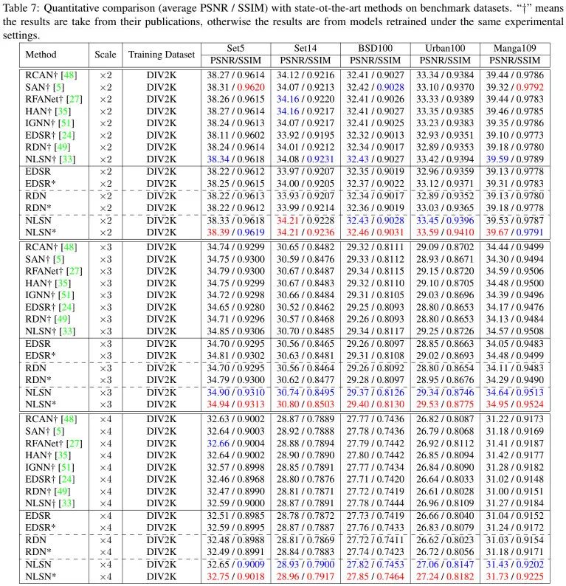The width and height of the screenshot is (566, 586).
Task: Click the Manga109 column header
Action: (x=514, y=48)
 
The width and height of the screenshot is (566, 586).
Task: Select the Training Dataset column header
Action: (x=162, y=55)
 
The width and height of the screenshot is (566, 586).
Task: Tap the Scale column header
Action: (x=106, y=55)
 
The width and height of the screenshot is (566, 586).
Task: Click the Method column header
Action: (x=41, y=55)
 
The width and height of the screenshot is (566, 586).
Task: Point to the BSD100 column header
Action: (x=375, y=48)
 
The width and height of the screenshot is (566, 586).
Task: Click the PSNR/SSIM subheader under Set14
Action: (x=306, y=61)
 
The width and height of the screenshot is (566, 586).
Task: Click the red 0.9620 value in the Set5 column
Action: (x=251, y=87)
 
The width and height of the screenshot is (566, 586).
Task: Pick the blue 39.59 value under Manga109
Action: (x=497, y=159)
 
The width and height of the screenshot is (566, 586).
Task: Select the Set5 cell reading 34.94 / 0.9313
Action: (x=235, y=404)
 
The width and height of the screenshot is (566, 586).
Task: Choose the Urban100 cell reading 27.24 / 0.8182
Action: (x=445, y=576)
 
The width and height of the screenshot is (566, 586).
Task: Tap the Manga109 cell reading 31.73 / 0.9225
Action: (x=515, y=576)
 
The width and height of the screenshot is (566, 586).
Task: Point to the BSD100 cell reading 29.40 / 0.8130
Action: (x=375, y=404)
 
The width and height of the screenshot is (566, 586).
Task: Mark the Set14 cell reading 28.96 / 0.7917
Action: (x=306, y=576)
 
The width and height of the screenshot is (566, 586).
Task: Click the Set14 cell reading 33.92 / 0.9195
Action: (x=306, y=135)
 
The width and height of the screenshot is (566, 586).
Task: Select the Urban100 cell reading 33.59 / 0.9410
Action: (x=445, y=232)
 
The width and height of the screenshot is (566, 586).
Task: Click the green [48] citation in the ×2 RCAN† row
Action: (x=69, y=75)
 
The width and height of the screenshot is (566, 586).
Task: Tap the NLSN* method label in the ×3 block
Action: (x=41, y=404)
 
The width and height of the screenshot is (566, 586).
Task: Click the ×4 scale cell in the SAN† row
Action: (x=106, y=431)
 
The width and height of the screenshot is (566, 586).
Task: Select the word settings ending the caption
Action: (x=21, y=36)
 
